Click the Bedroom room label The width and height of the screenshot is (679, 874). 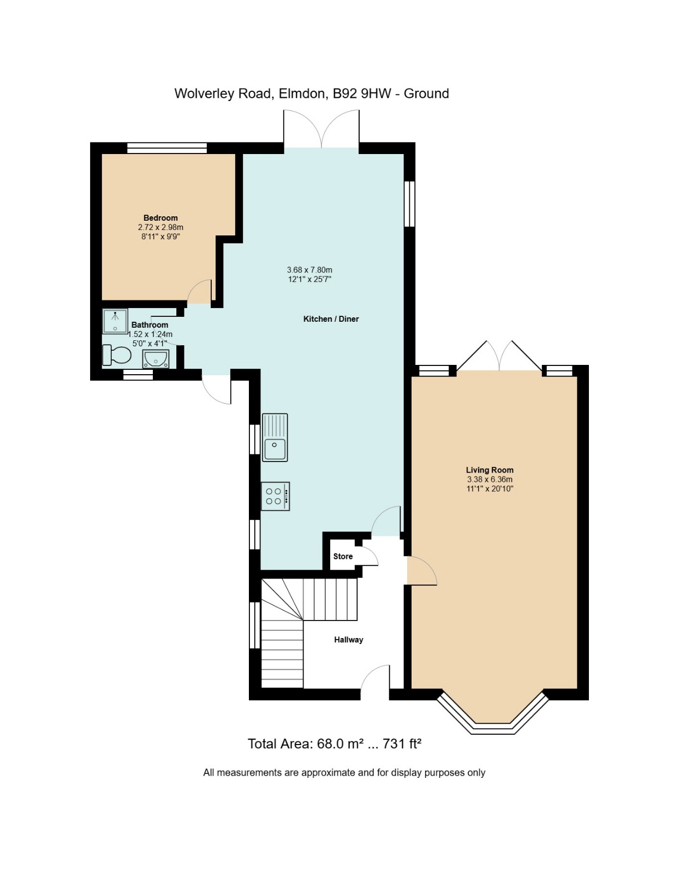160,218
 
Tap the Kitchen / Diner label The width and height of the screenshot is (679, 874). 331,319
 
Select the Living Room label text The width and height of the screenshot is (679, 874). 490,470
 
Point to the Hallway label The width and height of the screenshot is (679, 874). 348,640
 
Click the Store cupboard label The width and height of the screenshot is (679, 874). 343,556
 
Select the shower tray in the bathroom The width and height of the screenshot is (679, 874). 115,321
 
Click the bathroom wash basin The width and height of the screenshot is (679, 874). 156,359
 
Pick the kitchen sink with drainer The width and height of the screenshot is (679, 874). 275,437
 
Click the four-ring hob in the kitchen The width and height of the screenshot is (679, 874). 275,497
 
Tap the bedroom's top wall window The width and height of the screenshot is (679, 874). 167,147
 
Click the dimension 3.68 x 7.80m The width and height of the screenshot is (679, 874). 309,270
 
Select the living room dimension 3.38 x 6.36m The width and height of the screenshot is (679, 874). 490,480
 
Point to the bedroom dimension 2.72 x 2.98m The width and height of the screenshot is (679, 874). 160,228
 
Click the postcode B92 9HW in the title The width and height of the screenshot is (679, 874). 361,94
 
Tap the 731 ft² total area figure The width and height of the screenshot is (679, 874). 402,743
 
